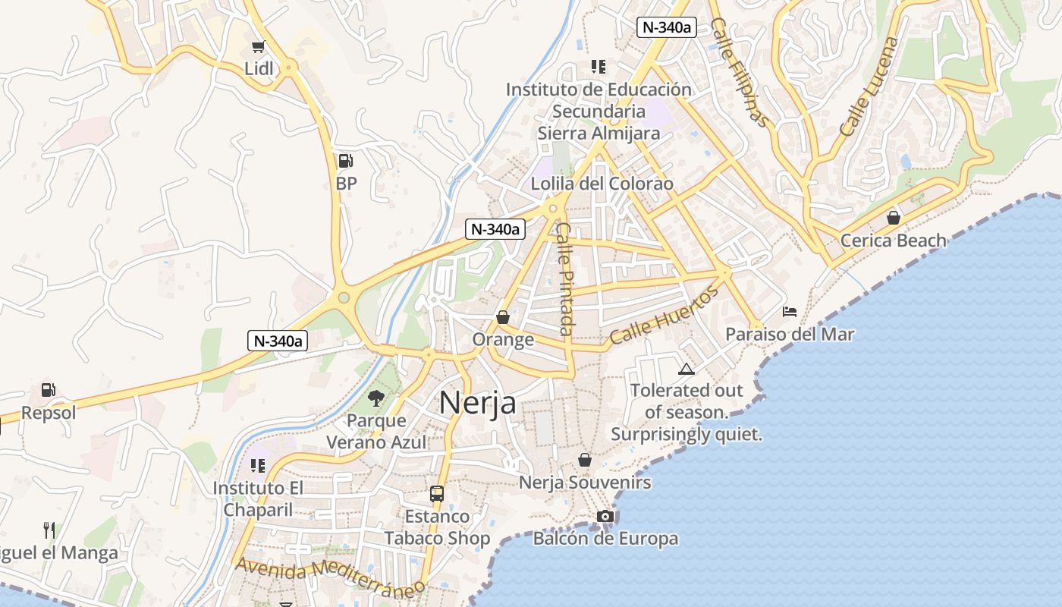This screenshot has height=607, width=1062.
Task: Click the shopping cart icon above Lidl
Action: tap(259, 47)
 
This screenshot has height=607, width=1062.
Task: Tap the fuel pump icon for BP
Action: tap(345, 161)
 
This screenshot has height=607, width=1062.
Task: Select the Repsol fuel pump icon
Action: tap(48, 390)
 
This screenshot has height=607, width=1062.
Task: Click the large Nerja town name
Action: tap(478, 402)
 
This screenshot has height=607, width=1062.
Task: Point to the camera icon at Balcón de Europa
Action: tap(605, 517)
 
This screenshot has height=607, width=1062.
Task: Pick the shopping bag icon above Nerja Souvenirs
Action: tap(585, 460)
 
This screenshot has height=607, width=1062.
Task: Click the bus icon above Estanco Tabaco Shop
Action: tap(437, 494)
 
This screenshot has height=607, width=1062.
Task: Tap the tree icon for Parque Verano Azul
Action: tap(376, 398)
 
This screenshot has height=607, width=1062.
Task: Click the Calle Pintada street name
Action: tap(565, 278)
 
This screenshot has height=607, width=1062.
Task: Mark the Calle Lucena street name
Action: tap(869, 86)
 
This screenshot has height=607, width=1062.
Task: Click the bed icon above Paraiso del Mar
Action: tap(790, 311)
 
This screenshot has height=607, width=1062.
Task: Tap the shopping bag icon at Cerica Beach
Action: tap(894, 218)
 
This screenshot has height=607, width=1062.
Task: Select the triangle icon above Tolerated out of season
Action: tap(687, 370)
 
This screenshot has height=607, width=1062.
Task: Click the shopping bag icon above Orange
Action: tap(502, 317)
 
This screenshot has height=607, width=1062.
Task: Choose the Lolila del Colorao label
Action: tap(602, 184)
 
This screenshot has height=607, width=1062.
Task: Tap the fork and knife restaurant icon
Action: tap(49, 530)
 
